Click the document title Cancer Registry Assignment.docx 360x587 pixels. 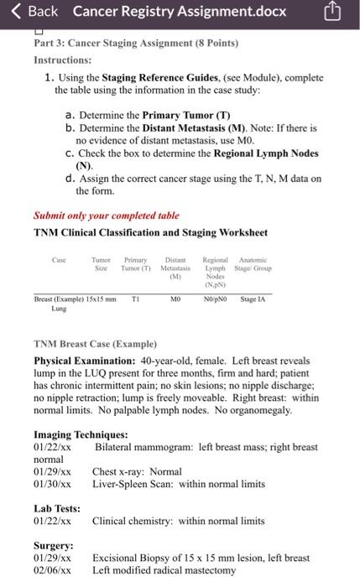179,12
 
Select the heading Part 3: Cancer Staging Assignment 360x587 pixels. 135,43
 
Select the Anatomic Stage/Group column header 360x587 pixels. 253,265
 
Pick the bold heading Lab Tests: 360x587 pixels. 57,508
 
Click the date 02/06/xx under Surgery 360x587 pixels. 52,569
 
